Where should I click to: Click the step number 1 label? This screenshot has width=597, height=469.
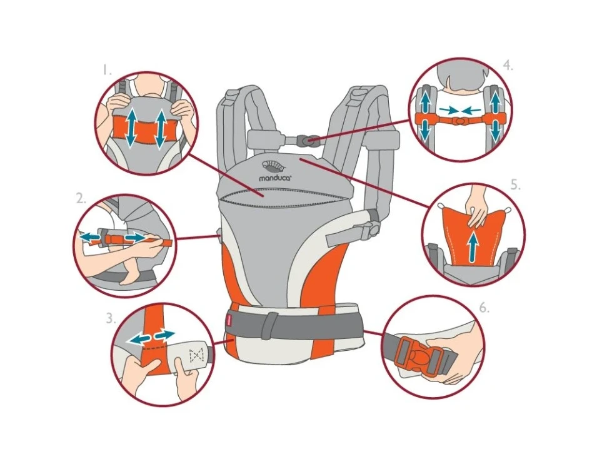[x=106, y=71]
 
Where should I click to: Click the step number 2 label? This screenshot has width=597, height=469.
[x=81, y=198]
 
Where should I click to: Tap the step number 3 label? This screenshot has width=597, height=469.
[x=111, y=318]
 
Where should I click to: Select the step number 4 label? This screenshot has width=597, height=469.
[x=508, y=66]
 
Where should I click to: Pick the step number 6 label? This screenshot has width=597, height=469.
[x=484, y=308]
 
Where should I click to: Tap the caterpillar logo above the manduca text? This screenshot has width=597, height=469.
[x=273, y=166]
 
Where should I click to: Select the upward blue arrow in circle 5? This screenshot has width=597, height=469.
[x=473, y=247]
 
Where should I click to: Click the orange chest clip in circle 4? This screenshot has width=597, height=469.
[x=461, y=120]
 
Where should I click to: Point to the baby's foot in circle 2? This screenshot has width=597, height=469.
[x=127, y=275]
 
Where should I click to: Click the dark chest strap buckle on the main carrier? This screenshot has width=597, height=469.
[x=308, y=140]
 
